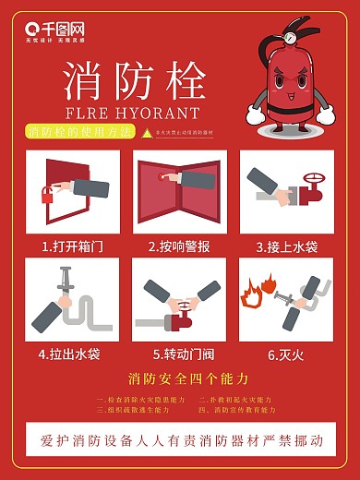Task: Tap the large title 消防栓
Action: click(134, 82)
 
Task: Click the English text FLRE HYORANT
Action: click(133, 114)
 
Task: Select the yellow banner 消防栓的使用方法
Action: click(79, 133)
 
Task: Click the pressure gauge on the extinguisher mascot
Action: click(291, 39)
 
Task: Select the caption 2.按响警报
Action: click(179, 246)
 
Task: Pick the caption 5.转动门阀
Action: click(179, 354)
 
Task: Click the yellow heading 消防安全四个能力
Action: click(179, 378)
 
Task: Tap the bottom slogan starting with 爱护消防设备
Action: click(179, 440)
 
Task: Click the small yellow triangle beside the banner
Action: click(145, 134)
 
